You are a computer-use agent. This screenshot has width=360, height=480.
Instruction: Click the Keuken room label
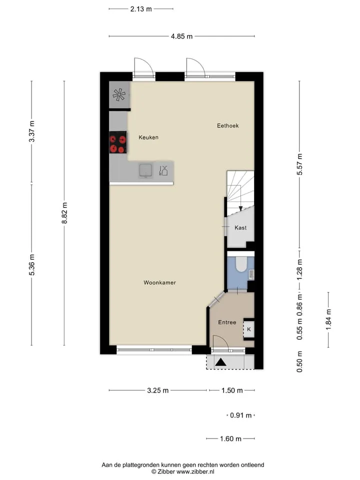coord(148,137)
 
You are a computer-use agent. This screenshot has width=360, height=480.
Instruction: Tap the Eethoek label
coord(228,125)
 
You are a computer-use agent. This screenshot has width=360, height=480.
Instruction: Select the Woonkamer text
coord(160,282)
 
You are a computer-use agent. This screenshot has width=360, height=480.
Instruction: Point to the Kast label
coord(240,228)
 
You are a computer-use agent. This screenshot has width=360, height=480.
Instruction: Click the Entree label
coord(227,322)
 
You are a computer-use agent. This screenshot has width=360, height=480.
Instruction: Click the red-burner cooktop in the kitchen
coord(118,142)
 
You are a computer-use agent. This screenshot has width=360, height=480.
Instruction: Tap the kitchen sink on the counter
coord(145,170)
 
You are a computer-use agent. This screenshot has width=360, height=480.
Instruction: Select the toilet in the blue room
coord(241,264)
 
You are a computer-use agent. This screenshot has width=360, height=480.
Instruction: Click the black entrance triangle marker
coord(220,362)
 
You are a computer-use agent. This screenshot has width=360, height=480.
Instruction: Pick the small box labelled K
coord(249,329)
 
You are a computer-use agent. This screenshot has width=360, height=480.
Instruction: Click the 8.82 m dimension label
coord(64,213)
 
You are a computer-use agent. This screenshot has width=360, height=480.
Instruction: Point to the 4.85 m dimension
coord(182,36)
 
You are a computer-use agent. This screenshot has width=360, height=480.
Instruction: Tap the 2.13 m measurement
coord(141,9)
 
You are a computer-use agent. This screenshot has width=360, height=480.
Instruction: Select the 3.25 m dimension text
coord(158,390)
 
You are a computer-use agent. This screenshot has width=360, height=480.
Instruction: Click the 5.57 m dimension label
coord(299,164)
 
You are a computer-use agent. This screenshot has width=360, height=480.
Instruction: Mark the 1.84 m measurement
coord(328,319)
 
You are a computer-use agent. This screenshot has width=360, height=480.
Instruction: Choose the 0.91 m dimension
coord(241,415)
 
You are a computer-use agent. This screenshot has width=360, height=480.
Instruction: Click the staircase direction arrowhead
coord(240,208)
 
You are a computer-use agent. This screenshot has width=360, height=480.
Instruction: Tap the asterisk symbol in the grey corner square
coord(119,94)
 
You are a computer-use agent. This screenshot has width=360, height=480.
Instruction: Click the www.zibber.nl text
coord(195,471)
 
